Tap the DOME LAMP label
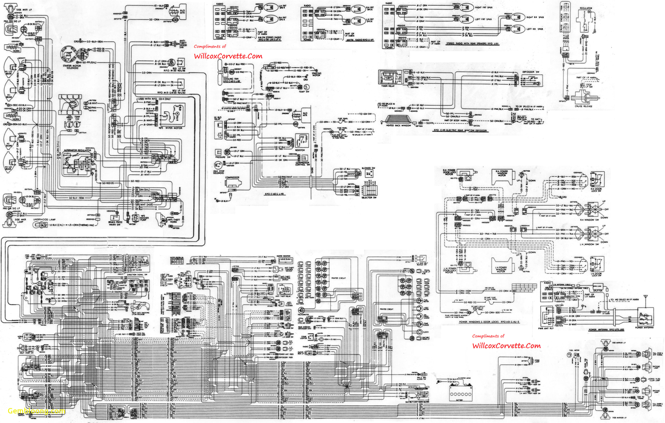pyautogui.click(x=537, y=361)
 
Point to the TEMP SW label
pyautogui.click(x=304, y=92)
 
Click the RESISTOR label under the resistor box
pyautogui.click(x=300, y=150)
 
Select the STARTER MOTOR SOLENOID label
pyautogui.click(x=72, y=67)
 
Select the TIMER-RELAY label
pyautogui.click(x=388, y=86)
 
